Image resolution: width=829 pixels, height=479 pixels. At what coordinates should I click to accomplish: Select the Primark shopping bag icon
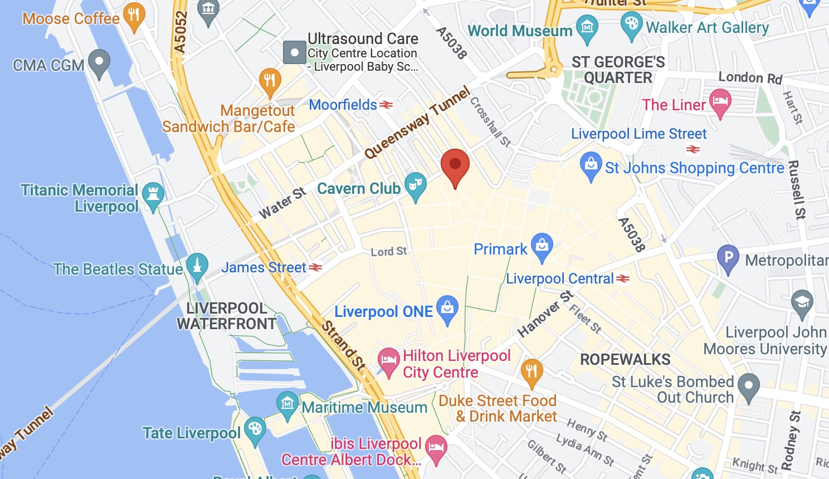pos(542,246)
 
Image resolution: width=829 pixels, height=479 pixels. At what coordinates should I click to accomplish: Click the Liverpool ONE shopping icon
pos(447,308)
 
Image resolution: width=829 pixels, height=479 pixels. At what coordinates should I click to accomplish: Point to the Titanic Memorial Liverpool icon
pos(153,194)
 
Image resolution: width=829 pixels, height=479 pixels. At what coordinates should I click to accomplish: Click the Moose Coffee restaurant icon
pos(134,15)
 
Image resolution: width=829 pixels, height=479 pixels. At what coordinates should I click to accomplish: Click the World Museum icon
pos(587,27)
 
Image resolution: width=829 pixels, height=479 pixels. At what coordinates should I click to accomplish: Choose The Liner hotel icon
pos(720,102)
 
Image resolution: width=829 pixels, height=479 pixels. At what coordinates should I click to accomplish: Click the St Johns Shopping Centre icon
pos(591,165)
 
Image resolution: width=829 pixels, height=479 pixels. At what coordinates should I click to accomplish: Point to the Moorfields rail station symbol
pos(386,105)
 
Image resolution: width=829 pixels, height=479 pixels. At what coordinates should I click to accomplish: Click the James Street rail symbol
pos(315,267)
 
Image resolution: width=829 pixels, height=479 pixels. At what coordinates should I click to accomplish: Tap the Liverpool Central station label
pos(559,278)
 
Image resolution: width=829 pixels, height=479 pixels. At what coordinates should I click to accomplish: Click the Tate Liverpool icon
pos(255,429)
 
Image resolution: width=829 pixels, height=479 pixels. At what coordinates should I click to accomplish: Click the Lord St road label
pos(389,252)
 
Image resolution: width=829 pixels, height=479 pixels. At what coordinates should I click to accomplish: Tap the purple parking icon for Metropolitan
pos(728,258)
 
